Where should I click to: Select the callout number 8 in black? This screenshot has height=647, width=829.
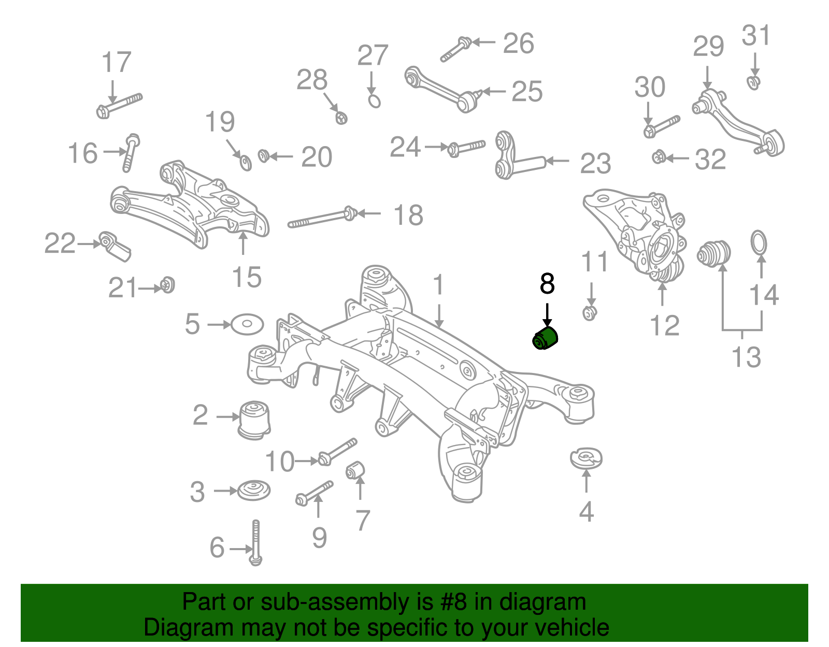pos(547,284)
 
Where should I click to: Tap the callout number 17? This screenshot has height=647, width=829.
pos(116,63)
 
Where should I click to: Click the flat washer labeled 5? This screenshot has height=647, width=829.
pos(247,324)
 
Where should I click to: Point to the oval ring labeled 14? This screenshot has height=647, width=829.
pos(759,243)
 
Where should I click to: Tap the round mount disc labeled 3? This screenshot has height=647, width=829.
pos(254,490)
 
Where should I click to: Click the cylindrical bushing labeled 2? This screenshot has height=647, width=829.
pos(255,418)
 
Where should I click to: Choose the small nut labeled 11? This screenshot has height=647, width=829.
pos(590,313)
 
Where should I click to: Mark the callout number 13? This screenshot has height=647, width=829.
pos(746,357)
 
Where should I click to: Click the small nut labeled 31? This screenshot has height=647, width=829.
pos(754,82)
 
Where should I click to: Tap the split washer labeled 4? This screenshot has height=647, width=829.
pos(586,457)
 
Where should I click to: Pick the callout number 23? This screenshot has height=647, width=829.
pos(595,164)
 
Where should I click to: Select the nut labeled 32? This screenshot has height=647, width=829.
pos(659,156)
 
